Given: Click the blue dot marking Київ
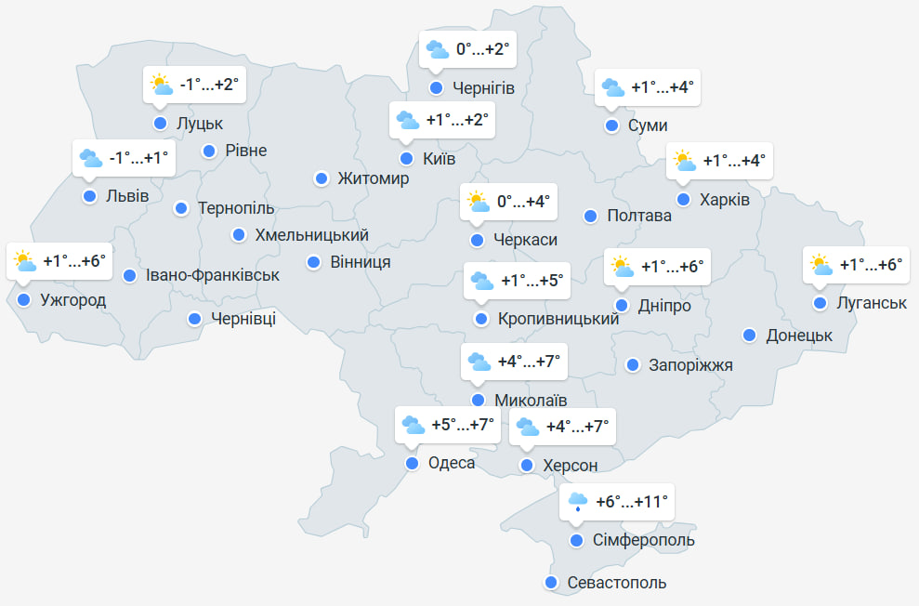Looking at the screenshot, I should tap(406, 158).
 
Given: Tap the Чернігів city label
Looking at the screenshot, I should tap(483, 88).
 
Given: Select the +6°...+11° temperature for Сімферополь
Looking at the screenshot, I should tap(632, 503).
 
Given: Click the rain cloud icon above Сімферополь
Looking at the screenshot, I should tap(577, 503).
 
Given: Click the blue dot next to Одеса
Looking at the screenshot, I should tap(413, 463).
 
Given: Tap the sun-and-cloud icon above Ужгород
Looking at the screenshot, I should tap(25, 262).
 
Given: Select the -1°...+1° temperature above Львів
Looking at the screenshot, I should tap(139, 158).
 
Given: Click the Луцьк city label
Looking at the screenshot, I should tap(201, 123).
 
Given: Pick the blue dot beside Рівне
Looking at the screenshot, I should tap(209, 151).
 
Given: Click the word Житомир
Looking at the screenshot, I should tap(373, 178).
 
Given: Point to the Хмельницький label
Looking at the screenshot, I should tap(311, 235).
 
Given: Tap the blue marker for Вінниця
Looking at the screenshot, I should tap(314, 262).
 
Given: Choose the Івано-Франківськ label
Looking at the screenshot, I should tap(213, 275).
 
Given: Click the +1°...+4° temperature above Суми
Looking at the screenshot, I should tap(663, 87).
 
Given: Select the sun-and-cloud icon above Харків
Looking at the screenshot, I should tap(685, 161).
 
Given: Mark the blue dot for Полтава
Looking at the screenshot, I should tap(590, 216).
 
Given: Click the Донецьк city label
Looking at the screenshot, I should tap(799, 336).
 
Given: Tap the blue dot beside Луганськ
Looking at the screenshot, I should tap(820, 303).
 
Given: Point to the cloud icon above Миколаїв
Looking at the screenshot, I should tap(479, 362).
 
